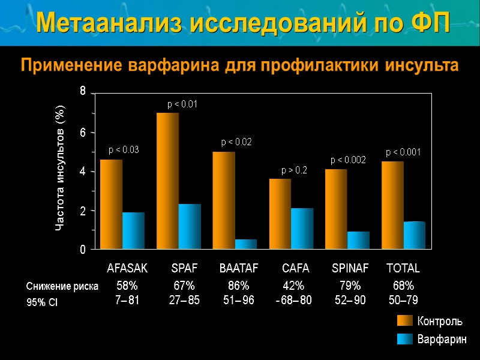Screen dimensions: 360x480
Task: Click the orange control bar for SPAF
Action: click(x=167, y=180)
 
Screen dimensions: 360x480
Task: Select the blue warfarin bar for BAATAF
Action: click(x=245, y=244)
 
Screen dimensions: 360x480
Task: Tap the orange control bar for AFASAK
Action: click(x=111, y=203)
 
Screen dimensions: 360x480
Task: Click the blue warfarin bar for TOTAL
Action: click(x=414, y=235)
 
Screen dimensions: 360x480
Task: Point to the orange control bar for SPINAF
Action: click(x=336, y=209)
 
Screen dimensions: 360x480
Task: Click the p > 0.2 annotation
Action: click(x=294, y=170)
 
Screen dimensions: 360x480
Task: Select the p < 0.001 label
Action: click(x=403, y=153)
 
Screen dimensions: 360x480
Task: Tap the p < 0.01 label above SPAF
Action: click(x=182, y=104)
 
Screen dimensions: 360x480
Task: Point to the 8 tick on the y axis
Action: click(x=83, y=92)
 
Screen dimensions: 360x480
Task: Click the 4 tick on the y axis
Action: click(x=83, y=172)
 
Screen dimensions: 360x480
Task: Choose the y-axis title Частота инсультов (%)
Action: click(x=60, y=168)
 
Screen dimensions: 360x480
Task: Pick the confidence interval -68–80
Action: click(x=293, y=299)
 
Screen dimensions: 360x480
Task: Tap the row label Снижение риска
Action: click(x=62, y=286)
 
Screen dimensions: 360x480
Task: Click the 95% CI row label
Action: click(x=42, y=303)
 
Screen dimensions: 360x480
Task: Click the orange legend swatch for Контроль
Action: click(x=405, y=321)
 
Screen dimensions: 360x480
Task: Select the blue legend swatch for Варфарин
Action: click(x=405, y=340)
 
